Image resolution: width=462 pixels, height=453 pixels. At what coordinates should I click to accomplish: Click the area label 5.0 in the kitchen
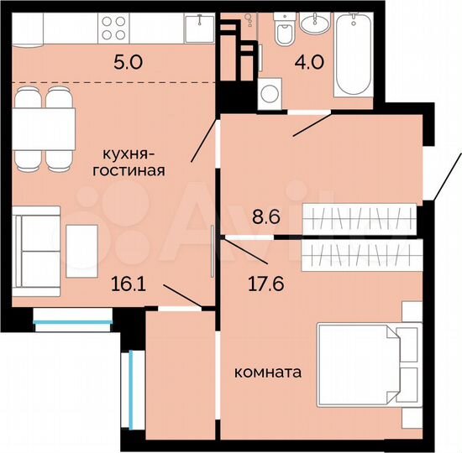tap(126, 62)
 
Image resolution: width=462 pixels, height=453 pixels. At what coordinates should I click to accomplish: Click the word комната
tap(268, 371)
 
